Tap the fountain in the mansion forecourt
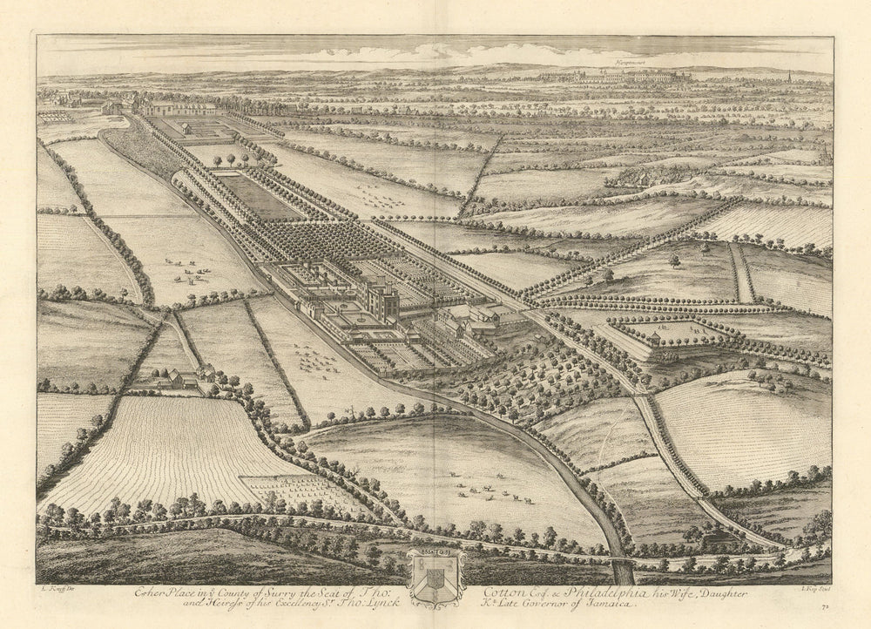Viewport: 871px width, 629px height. (x=358, y=321)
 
